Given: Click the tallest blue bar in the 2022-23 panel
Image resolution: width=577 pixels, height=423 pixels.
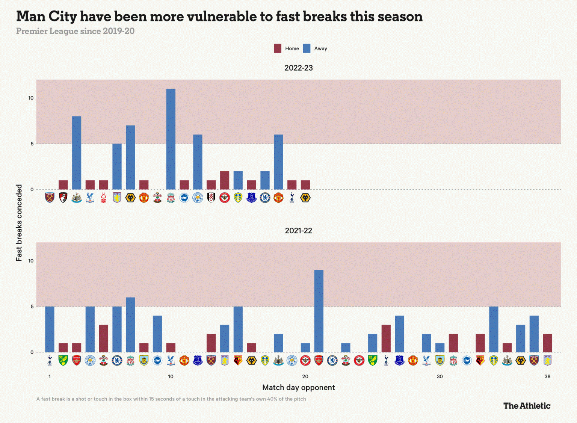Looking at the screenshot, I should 171,139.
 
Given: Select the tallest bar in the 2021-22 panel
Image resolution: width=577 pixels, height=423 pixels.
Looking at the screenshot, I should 319,311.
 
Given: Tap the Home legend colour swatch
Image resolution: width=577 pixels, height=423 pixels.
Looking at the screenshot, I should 278,48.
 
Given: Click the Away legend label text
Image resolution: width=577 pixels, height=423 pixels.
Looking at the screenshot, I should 320,48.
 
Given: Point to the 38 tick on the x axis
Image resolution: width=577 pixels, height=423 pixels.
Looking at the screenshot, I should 547,376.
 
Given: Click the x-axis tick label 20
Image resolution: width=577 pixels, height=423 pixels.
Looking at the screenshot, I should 305,376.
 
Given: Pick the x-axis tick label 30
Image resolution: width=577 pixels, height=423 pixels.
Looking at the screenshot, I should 440,376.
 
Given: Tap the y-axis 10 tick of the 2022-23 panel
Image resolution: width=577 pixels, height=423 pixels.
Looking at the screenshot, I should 31,98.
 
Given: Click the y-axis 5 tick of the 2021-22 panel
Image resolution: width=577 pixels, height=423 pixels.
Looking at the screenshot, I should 32,307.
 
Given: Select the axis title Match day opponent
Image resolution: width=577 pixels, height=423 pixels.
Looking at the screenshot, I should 298,387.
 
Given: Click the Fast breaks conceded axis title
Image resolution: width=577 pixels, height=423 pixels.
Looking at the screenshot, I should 19,223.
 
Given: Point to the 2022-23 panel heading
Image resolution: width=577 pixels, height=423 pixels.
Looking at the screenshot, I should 298,68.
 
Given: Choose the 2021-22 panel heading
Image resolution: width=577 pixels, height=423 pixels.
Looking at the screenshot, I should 298,231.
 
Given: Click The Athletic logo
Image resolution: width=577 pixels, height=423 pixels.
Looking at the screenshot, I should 527,406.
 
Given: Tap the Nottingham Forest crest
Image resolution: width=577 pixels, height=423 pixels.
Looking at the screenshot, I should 104,198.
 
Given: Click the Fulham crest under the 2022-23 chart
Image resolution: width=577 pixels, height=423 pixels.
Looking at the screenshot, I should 211,198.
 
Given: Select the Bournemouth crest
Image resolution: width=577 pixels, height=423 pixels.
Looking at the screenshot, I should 63,198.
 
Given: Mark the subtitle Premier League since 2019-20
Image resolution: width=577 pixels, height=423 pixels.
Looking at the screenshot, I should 75,31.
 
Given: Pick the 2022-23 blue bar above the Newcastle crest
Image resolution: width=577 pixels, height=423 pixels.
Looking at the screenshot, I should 77,153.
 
